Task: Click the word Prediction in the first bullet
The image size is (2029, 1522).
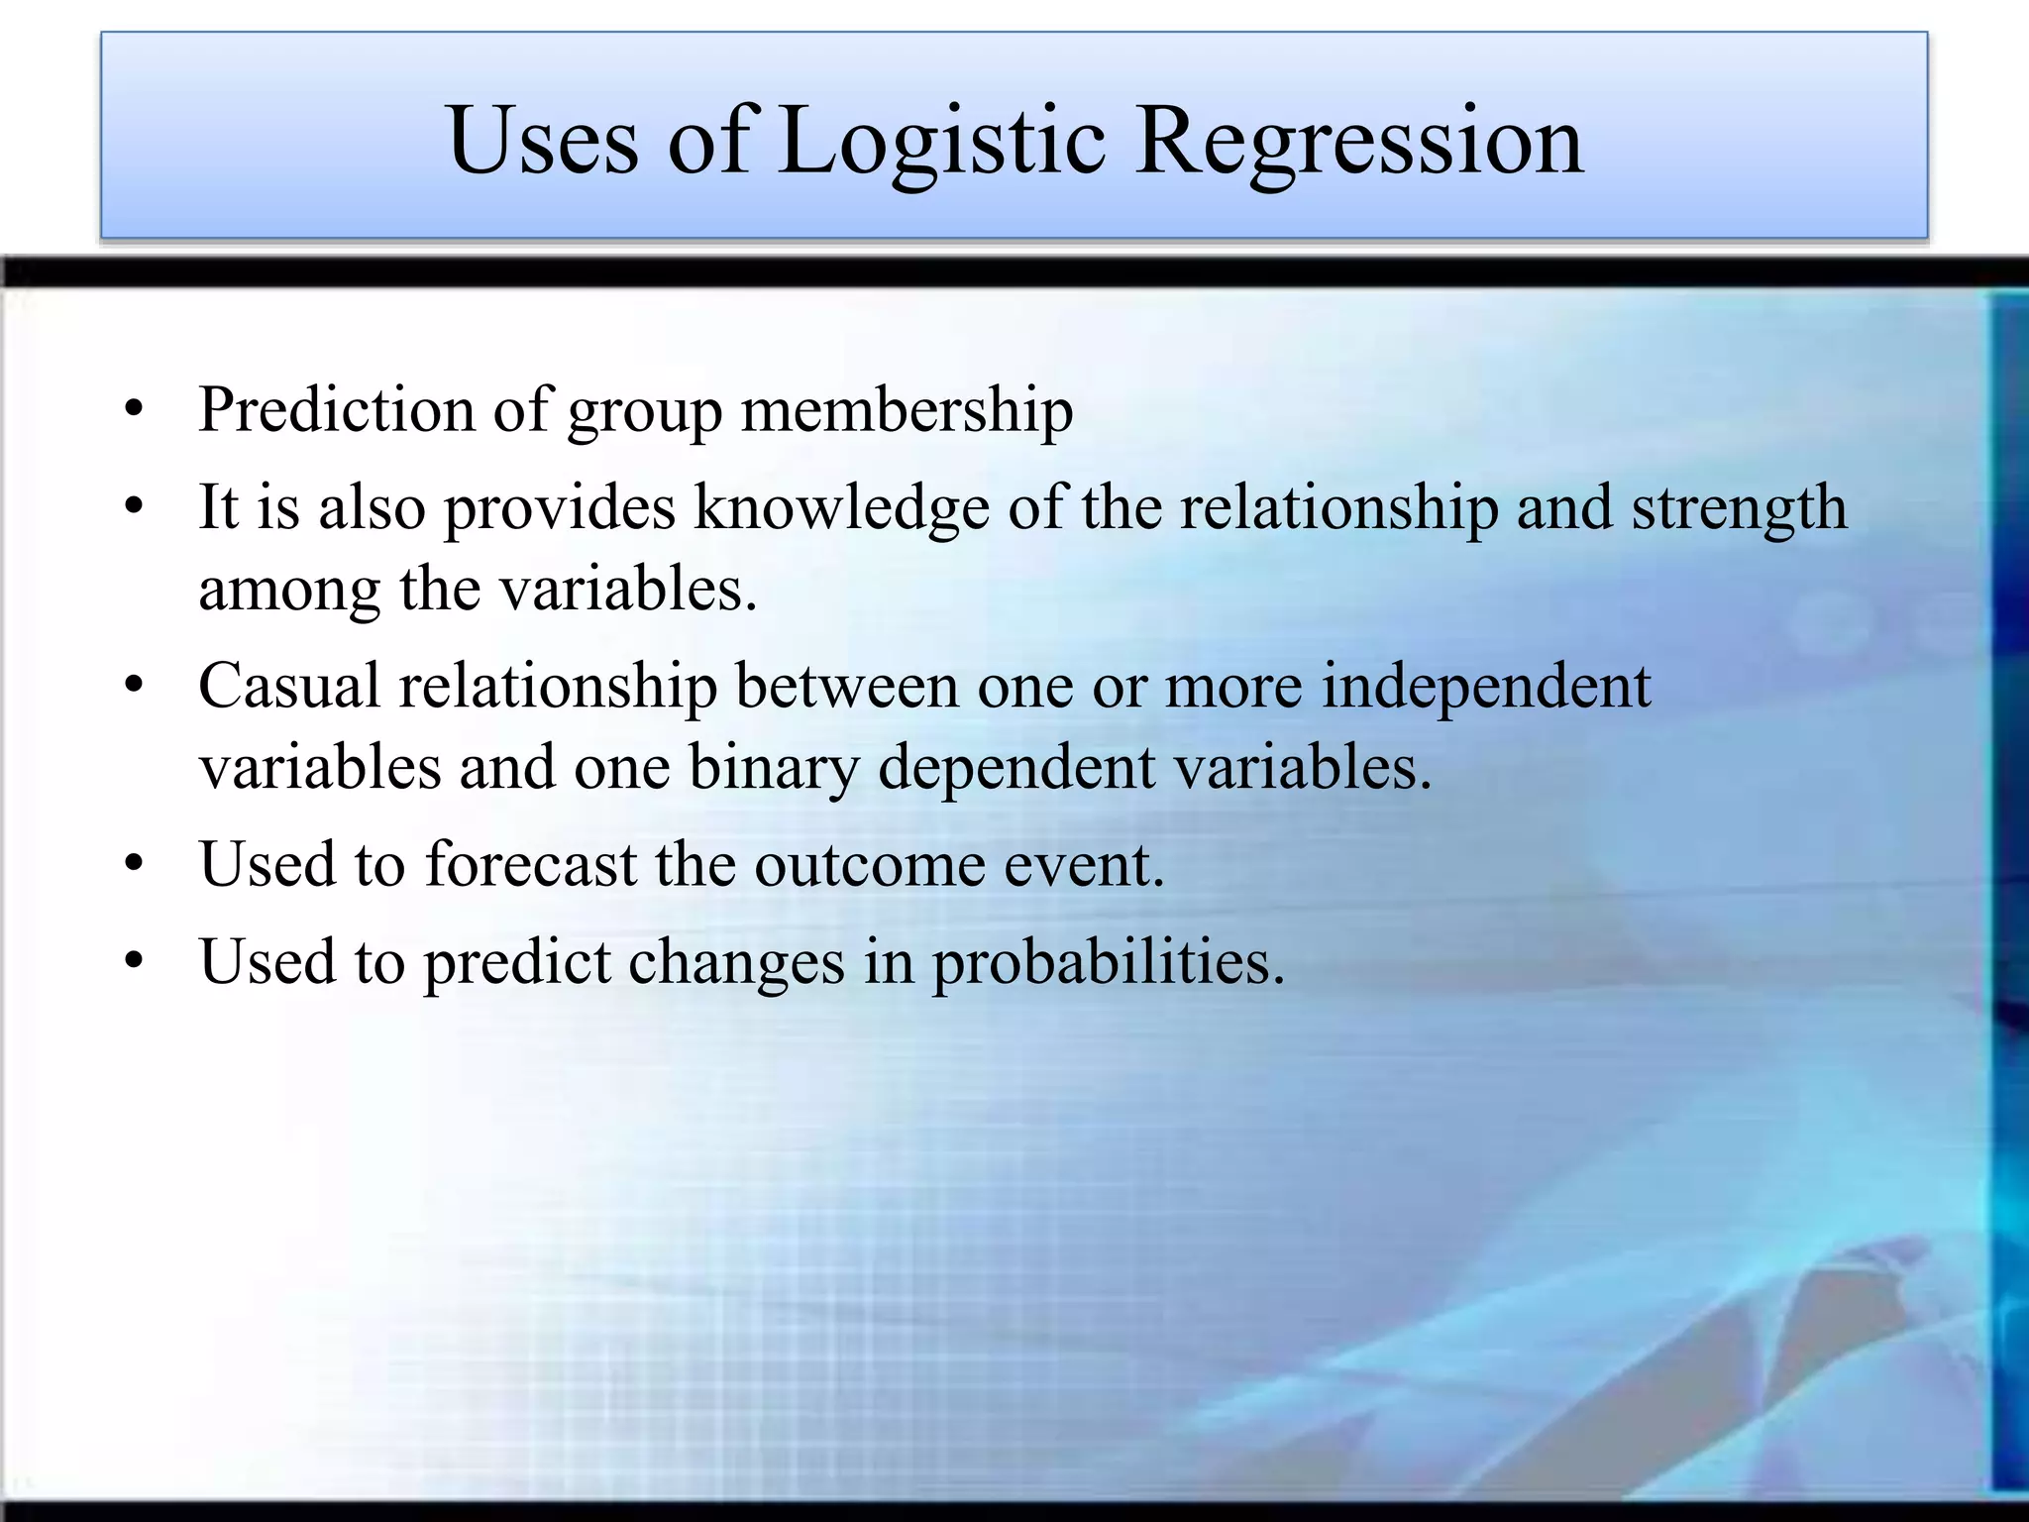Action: [x=337, y=409]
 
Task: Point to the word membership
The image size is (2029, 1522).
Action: [x=907, y=409]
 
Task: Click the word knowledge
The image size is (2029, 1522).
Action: [x=841, y=508]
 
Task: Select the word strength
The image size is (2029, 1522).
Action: [x=1739, y=508]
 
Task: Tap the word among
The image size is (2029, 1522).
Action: [x=289, y=590]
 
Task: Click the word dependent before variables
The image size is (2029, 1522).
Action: [x=1016, y=768]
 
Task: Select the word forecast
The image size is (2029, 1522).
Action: [x=531, y=864]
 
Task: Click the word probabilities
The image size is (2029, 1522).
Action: [x=1108, y=962]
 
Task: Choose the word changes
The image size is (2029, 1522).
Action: [x=736, y=962]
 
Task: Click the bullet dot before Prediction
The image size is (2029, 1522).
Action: [x=136, y=409]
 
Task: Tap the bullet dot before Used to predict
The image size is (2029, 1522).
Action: [x=136, y=962]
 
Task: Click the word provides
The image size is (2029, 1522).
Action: [x=559, y=508]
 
